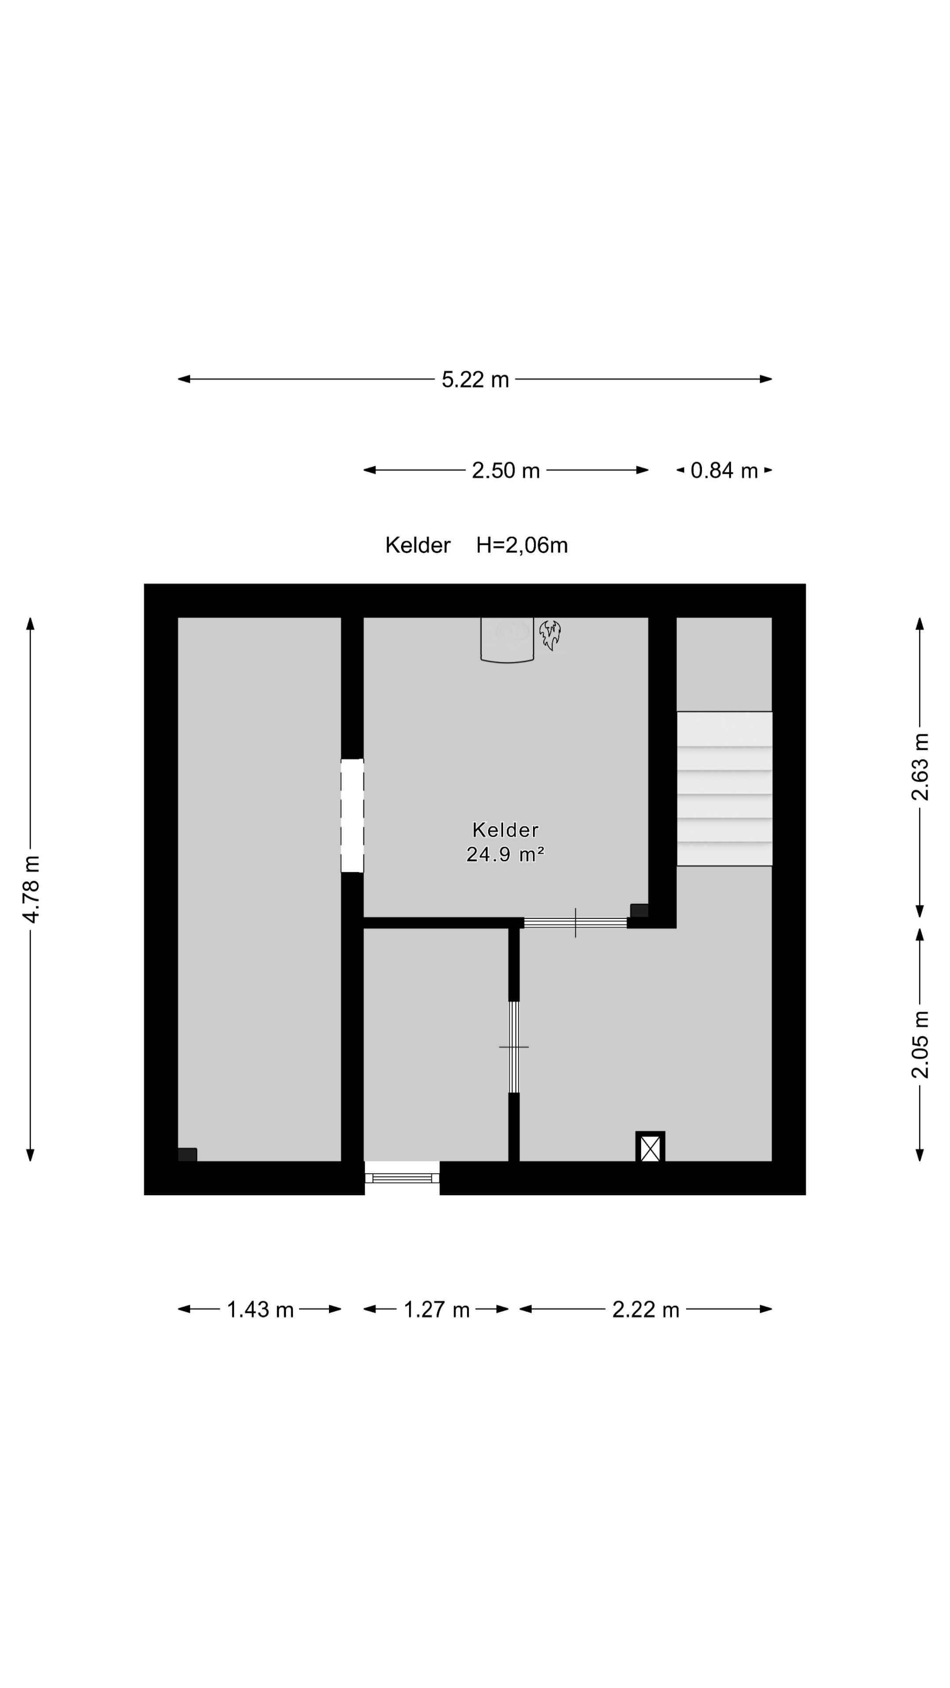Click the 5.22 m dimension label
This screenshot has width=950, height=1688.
click(x=475, y=379)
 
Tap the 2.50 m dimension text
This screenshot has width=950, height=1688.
click(x=505, y=470)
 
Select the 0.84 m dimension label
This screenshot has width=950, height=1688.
click(x=724, y=470)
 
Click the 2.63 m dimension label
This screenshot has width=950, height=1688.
click(x=920, y=767)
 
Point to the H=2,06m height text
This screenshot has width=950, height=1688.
click(x=522, y=545)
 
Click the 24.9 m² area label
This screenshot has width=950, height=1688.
click(x=505, y=855)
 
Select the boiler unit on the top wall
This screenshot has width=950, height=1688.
click(x=507, y=640)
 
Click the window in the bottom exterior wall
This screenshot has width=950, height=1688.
click(x=402, y=1178)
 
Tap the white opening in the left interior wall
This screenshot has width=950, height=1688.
click(x=352, y=815)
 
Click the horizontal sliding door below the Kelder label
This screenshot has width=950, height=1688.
click(x=575, y=923)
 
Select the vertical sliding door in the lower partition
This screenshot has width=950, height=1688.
click(x=514, y=1047)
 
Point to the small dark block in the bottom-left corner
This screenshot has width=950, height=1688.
click(x=187, y=1155)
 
